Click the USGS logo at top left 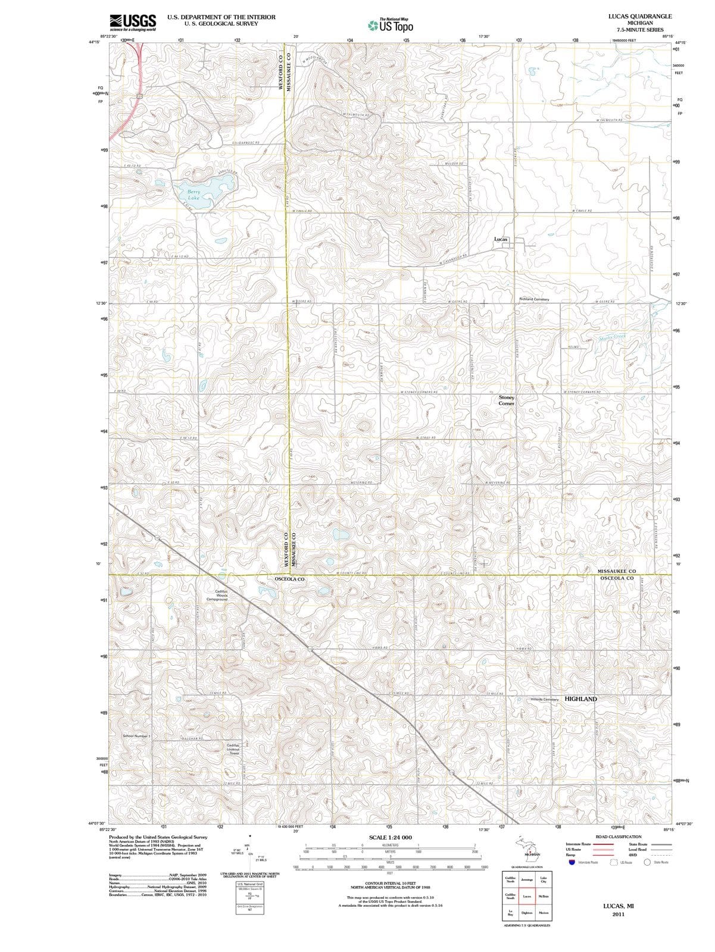click(x=133, y=21)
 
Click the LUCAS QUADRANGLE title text click(x=640, y=16)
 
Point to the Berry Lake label click(x=195, y=195)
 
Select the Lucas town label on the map click(x=501, y=239)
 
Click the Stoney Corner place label click(x=506, y=400)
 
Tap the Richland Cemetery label click(x=534, y=299)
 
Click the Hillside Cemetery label click(x=544, y=699)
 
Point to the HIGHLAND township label click(x=580, y=699)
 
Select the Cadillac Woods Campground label click(x=221, y=595)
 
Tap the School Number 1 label click(x=137, y=736)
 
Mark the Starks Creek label click(x=613, y=337)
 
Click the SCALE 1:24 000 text click(x=391, y=837)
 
